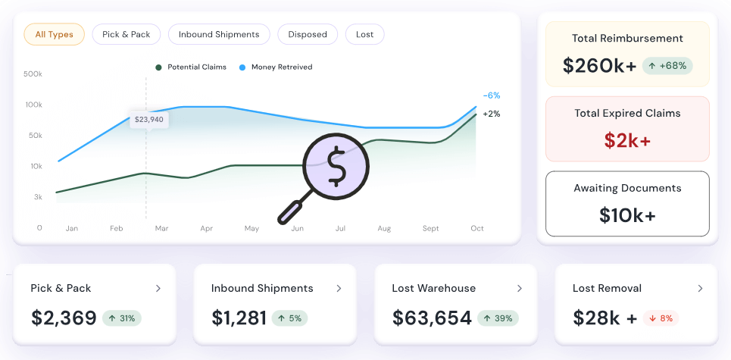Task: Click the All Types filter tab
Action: (x=54, y=34)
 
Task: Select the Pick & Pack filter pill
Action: (x=127, y=34)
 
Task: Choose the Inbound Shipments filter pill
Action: (x=219, y=34)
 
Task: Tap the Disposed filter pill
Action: (x=308, y=34)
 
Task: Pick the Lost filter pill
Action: (x=364, y=34)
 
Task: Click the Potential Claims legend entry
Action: (x=191, y=67)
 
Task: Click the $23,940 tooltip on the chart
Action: (x=148, y=119)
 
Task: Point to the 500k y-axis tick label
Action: (x=33, y=74)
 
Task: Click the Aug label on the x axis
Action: (x=384, y=228)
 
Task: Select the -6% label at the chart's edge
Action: (x=492, y=95)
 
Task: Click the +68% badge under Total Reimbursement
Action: (x=667, y=66)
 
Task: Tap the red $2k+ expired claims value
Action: (x=627, y=140)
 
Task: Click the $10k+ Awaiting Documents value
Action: (x=627, y=215)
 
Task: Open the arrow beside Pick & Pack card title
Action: (x=158, y=289)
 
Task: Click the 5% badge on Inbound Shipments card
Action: (x=289, y=318)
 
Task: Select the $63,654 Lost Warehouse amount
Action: (x=432, y=318)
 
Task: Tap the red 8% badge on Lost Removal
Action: (x=661, y=318)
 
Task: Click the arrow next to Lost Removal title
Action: (x=700, y=289)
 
